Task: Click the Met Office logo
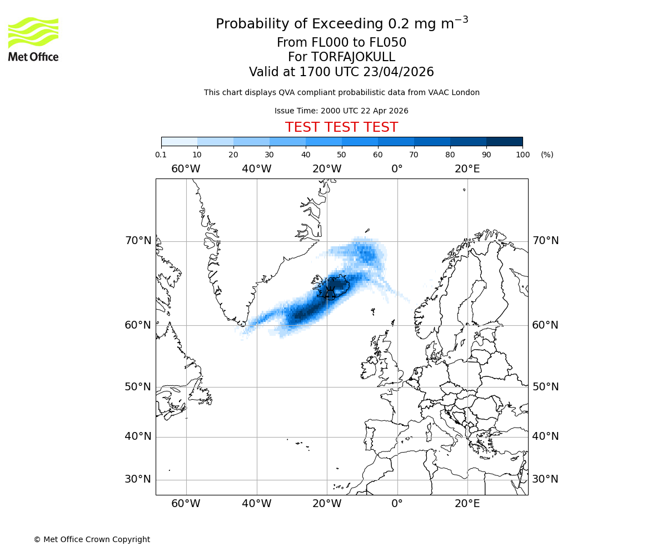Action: tap(33, 39)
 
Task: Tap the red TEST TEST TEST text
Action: tap(341, 127)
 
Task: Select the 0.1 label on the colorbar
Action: tap(161, 155)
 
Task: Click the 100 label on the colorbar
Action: tap(522, 155)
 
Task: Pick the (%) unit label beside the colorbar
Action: tap(547, 155)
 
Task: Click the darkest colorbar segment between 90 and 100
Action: tap(504, 141)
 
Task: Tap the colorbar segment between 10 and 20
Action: tap(215, 141)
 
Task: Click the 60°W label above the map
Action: tap(186, 169)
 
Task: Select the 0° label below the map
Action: tap(397, 504)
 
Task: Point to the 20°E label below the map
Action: tap(467, 504)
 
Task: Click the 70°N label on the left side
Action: tap(138, 241)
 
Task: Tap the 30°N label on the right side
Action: tap(545, 479)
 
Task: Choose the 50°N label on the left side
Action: tap(138, 387)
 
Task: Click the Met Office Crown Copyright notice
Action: tap(92, 539)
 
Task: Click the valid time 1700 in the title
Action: tap(313, 72)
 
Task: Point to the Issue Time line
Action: tap(341, 111)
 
